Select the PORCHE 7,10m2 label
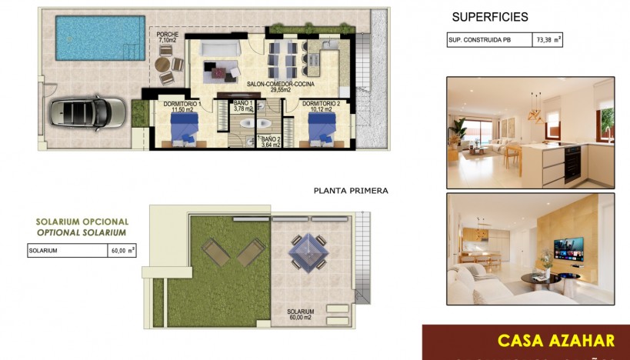168,38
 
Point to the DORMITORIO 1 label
182,106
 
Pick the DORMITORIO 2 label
321,106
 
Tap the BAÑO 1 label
243,106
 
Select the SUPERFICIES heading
490,17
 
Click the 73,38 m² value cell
548,41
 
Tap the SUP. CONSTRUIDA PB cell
488,41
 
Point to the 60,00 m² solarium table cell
122,250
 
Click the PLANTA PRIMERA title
351,190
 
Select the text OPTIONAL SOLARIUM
82,232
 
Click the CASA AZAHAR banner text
555,340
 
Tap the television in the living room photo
568,248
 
